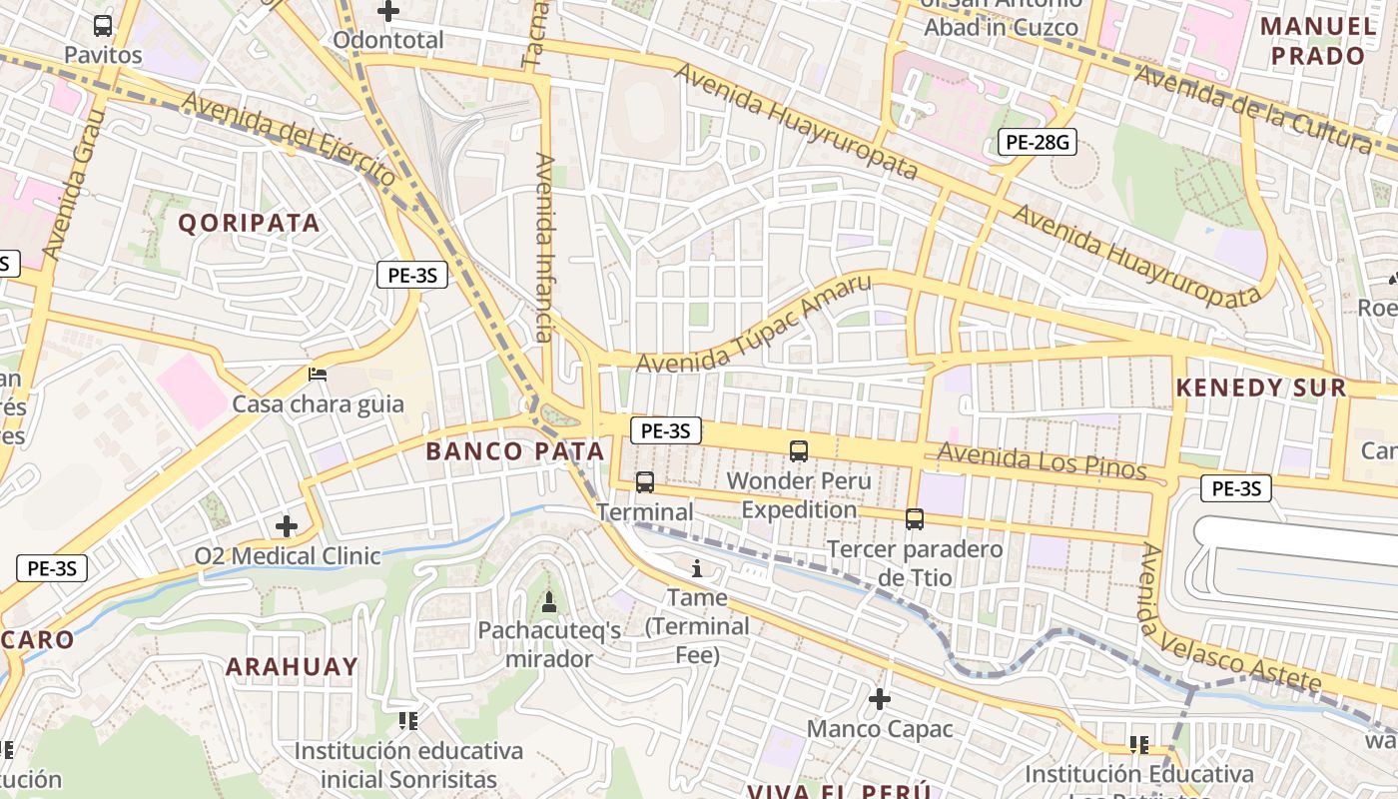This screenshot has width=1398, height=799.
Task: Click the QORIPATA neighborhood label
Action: (250, 223)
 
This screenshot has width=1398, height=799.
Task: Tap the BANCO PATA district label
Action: (515, 451)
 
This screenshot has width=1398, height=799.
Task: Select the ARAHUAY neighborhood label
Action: (291, 666)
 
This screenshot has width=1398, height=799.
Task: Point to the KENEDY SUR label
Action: (1260, 389)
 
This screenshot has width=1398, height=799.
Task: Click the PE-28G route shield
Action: (1037, 143)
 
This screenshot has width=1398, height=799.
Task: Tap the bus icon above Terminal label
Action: (645, 482)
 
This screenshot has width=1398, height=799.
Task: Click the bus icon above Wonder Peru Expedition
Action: (799, 450)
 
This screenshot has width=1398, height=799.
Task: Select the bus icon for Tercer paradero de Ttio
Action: (915, 518)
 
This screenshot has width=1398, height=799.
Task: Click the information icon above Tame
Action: (697, 568)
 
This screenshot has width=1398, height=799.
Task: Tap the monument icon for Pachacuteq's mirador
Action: (548, 601)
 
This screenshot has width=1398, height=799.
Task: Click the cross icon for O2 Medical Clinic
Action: (287, 525)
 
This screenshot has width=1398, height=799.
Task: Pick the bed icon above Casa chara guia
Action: (318, 375)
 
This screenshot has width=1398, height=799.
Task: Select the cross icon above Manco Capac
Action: (880, 699)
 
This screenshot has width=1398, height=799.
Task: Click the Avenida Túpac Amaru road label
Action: (753, 324)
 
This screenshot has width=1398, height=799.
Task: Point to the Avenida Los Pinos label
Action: (1042, 461)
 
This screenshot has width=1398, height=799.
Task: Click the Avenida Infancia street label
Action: (544, 248)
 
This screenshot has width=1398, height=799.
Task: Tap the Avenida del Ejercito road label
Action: (290, 140)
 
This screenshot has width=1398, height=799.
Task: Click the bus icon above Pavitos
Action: (103, 26)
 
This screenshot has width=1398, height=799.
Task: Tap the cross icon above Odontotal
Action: (388, 11)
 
